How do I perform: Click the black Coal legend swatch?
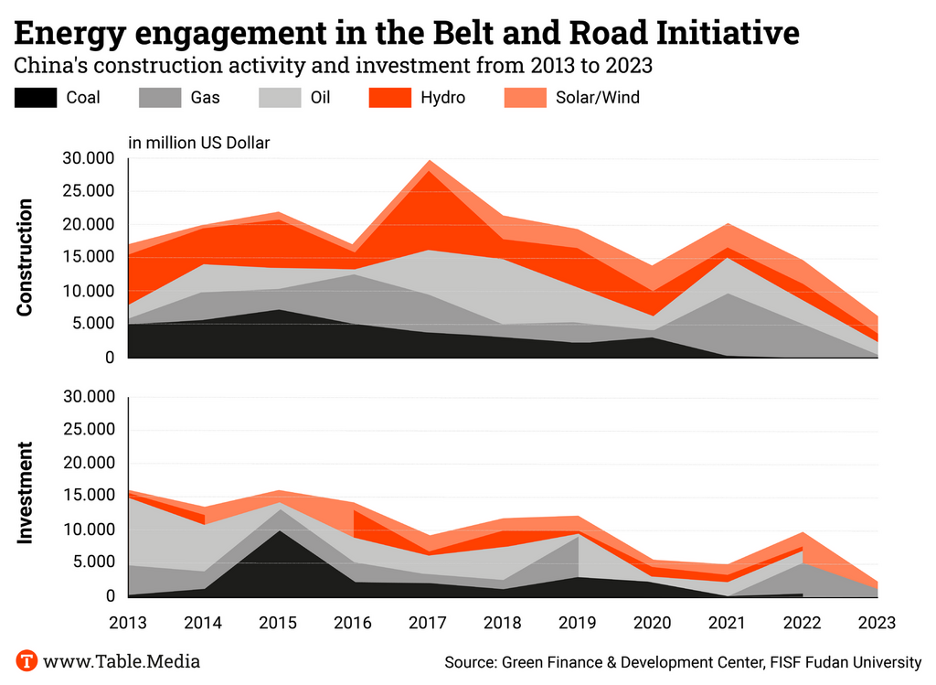(36, 97)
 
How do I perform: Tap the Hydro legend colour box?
(390, 97)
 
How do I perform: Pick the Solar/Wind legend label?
(597, 97)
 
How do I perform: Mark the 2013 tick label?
(128, 622)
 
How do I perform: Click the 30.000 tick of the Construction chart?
(88, 158)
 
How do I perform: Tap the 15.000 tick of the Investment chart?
(88, 497)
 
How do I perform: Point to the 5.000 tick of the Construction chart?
(92, 324)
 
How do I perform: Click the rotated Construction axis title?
(25, 257)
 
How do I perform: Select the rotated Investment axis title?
(25, 493)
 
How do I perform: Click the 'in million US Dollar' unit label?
(198, 142)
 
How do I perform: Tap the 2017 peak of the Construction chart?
(429, 161)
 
